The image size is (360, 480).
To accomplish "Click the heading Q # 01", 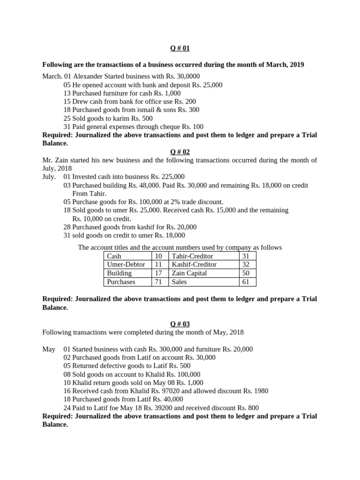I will click(180, 48).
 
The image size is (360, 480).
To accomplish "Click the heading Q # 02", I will click(180, 152).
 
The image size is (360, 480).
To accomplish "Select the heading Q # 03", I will click(180, 324).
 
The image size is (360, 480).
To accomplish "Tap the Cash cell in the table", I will click(114, 256).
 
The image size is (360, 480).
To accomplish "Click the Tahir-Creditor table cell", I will click(193, 256).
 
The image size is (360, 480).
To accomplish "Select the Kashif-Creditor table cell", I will click(195, 265).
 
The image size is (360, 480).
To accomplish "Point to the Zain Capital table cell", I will click(189, 273).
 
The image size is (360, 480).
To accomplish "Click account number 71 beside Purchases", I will click(158, 282).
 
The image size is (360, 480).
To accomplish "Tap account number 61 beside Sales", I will click(246, 282).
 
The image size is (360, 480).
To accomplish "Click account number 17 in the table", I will click(158, 273).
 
